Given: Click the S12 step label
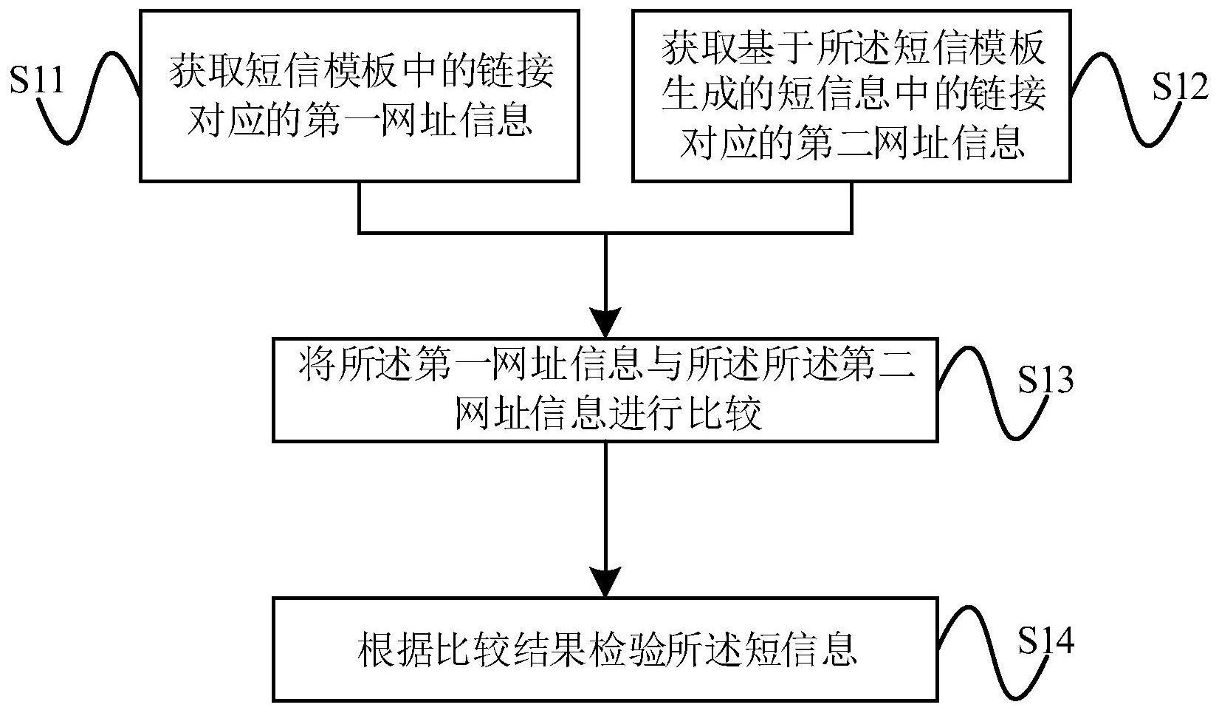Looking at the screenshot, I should point(1180,88).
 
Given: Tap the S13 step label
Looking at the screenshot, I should point(1045,381).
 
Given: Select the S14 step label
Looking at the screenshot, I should point(1045,641).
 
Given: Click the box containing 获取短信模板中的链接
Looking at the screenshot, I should point(359,95).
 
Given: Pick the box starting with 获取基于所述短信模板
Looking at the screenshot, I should point(851,95).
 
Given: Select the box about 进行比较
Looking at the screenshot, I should point(605,389).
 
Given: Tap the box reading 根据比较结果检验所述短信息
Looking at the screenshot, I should point(605,649).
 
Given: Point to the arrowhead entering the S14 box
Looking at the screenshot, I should point(605,584).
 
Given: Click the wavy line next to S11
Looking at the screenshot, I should point(89,96).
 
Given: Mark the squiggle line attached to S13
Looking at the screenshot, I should point(982,392).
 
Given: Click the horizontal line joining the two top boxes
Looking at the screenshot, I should point(605,233).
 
